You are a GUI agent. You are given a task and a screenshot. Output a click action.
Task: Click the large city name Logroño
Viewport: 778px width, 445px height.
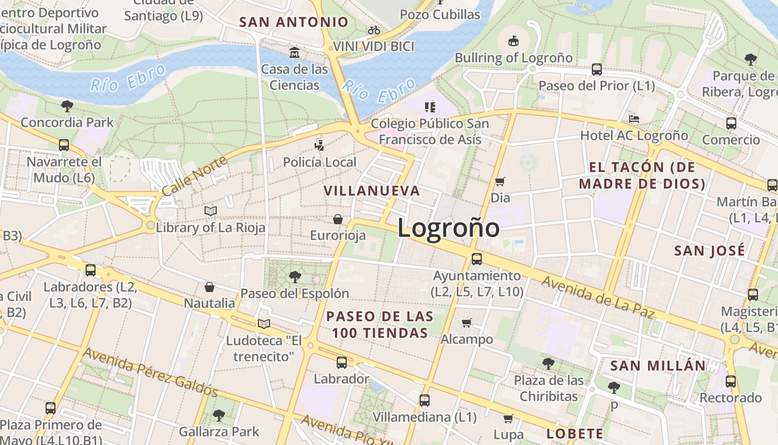pos(448,228)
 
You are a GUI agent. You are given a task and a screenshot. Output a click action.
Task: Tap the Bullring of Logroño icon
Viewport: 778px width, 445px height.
pos(513,41)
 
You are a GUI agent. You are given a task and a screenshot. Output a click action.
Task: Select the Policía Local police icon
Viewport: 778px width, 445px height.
pos(320,146)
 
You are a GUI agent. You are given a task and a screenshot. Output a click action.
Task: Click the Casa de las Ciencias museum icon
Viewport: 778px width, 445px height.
pos(295,53)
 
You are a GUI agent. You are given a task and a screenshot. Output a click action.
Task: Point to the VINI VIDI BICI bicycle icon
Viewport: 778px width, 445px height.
pos(374,30)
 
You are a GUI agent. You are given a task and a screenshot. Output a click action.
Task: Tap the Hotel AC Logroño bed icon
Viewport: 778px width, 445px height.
pos(634,118)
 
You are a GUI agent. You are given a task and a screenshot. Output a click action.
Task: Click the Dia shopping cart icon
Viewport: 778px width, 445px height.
pos(500,181)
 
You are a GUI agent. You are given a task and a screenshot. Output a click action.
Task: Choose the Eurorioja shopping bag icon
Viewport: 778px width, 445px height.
pos(337,219)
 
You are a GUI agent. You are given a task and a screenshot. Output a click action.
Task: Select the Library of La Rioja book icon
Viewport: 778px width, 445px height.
pos(210,211)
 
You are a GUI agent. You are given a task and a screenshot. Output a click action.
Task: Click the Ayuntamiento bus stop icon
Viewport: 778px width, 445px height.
pos(477,259)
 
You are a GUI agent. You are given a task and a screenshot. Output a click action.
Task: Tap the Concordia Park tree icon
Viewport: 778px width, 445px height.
pos(67,106)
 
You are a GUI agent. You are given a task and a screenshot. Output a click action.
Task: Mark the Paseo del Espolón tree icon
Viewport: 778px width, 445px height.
pos(295,276)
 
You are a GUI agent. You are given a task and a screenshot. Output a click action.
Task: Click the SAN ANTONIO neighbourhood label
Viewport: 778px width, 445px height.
pos(293,22)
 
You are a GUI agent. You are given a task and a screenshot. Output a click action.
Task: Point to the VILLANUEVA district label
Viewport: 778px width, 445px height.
pos(372,191)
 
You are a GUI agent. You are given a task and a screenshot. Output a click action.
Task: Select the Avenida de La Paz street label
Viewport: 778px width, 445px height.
pos(597,299)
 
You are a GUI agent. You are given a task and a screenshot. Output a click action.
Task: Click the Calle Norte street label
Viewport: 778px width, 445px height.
pos(194,176)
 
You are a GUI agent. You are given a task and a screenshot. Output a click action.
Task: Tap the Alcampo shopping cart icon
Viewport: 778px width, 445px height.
pos(467,323)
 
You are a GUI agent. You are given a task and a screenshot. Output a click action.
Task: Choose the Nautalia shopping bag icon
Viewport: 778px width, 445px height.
pos(210,287)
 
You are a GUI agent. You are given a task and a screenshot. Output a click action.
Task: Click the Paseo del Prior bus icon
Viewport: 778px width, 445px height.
pos(597,69)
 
